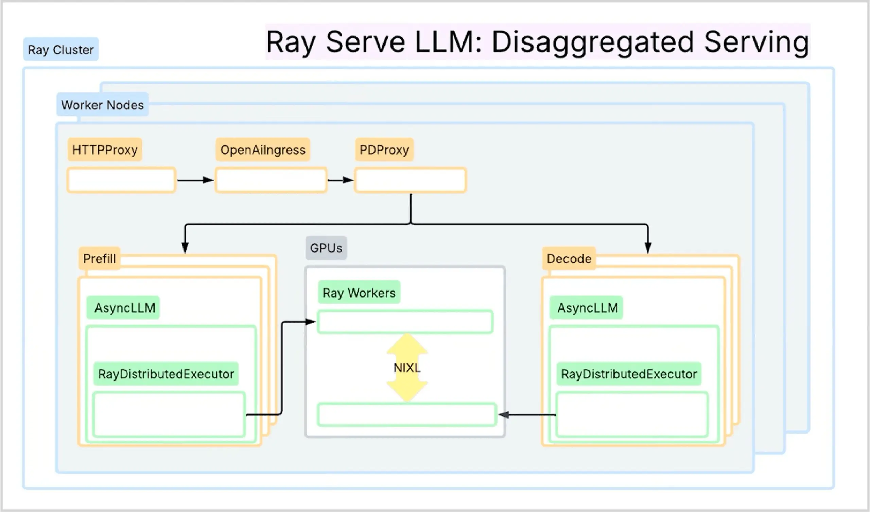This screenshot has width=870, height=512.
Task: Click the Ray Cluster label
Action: point(61,50)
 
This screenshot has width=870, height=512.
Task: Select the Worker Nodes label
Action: point(102,105)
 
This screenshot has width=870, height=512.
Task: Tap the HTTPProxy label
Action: point(105,150)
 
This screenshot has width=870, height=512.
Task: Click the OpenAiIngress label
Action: point(263,150)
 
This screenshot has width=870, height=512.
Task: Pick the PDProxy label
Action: point(384,150)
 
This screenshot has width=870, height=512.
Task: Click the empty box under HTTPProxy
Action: point(121,180)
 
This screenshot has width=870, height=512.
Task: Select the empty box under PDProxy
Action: point(410,180)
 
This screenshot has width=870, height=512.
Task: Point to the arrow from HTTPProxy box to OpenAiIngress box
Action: point(195,180)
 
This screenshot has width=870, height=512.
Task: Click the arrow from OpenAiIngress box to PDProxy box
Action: point(341,180)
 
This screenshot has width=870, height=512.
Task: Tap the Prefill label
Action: point(99,259)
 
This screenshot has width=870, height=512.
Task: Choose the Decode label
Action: point(569,259)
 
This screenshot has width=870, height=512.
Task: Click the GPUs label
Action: point(326,248)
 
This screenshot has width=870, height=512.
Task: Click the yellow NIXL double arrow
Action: point(407,368)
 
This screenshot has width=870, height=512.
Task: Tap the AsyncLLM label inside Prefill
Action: point(124,307)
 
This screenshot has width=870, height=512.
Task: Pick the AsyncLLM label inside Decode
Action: point(587,307)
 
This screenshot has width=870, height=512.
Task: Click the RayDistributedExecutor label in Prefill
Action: point(166,374)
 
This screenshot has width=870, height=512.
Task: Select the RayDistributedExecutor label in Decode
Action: point(629,374)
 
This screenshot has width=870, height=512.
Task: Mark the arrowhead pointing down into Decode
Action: point(648,248)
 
